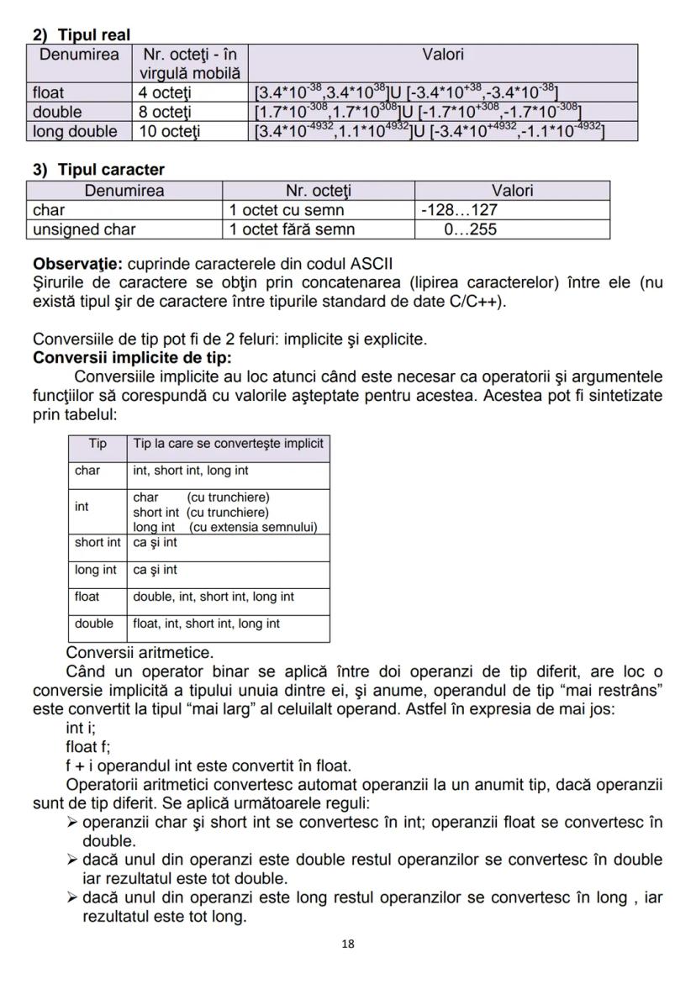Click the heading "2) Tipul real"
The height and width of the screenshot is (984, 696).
pyautogui.click(x=82, y=34)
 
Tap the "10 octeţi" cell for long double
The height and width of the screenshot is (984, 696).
pyautogui.click(x=171, y=131)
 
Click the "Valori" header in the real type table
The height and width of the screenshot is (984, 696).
pyautogui.click(x=443, y=55)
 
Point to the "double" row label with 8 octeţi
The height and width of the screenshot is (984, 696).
pyautogui.click(x=57, y=112)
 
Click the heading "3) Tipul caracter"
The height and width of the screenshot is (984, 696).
pyautogui.click(x=98, y=170)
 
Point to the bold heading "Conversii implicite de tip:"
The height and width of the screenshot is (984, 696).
pyautogui.click(x=132, y=357)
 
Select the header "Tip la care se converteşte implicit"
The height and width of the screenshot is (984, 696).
pyautogui.click(x=228, y=443)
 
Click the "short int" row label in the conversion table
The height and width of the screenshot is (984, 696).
pyautogui.click(x=98, y=543)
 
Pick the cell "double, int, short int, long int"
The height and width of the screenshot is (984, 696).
pyautogui.click(x=214, y=597)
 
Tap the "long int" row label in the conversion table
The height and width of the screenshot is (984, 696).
pyautogui.click(x=96, y=570)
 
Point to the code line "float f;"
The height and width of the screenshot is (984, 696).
pyautogui.click(x=88, y=746)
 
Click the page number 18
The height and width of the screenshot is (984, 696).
pyautogui.click(x=348, y=944)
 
